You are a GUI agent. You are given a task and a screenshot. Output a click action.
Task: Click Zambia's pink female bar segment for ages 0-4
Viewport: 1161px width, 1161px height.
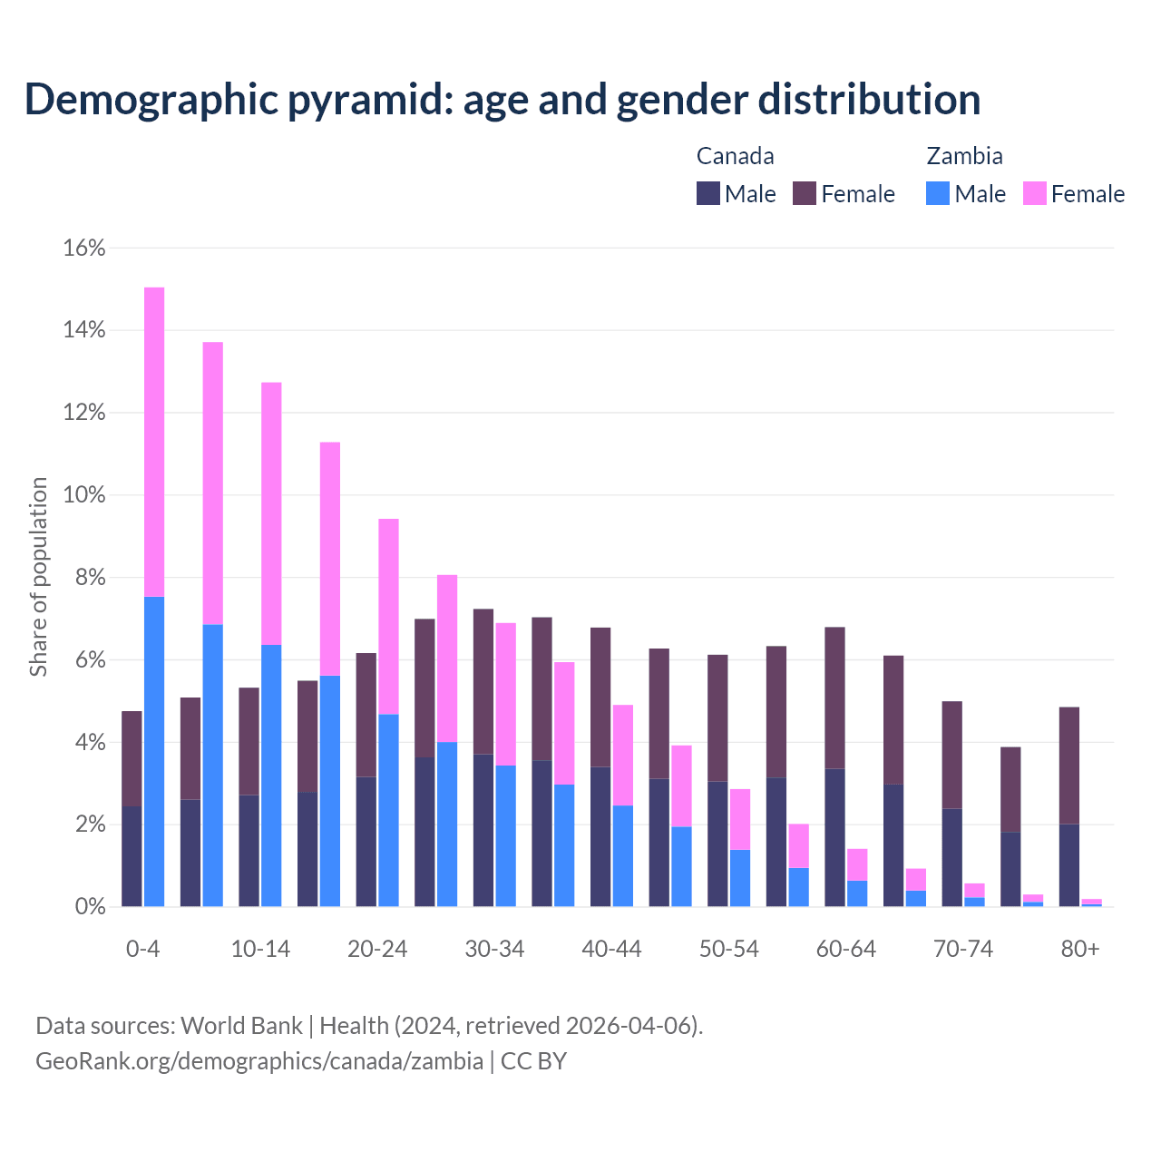tap(154, 442)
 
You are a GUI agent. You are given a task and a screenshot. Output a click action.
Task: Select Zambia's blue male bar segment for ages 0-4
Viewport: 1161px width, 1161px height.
tap(154, 751)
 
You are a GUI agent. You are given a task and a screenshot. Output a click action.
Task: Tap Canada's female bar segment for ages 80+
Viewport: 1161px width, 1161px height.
tap(1069, 766)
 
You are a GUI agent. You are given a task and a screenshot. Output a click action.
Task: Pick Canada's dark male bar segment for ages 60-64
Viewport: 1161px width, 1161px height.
tap(834, 837)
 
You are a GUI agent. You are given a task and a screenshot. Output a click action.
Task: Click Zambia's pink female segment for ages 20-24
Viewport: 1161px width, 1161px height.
tap(388, 617)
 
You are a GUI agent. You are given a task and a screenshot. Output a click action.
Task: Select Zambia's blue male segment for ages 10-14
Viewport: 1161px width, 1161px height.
tap(271, 776)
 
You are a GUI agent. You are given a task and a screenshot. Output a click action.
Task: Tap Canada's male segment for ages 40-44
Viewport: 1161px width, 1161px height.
tap(600, 836)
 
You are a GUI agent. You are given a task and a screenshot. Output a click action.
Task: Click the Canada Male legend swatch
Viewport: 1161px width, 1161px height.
tap(708, 193)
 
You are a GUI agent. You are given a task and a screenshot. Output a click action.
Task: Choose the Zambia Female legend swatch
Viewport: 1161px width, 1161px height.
tap(1035, 193)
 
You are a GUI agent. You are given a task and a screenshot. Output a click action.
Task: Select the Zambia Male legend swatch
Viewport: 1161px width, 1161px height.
tap(938, 193)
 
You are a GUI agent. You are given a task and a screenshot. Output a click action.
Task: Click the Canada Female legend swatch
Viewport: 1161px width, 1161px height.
tap(805, 193)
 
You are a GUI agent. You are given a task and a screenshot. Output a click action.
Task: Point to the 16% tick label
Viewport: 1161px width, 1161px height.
tap(84, 248)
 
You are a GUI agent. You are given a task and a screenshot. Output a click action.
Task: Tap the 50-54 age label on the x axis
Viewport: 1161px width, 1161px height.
tap(729, 950)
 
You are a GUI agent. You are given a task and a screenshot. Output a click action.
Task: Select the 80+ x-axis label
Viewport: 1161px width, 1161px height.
tap(1080, 950)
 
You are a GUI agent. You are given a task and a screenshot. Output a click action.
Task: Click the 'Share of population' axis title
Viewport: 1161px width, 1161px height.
tap(38, 577)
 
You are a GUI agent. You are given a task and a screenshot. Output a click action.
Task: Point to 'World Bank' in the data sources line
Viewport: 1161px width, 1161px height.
tap(241, 1026)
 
